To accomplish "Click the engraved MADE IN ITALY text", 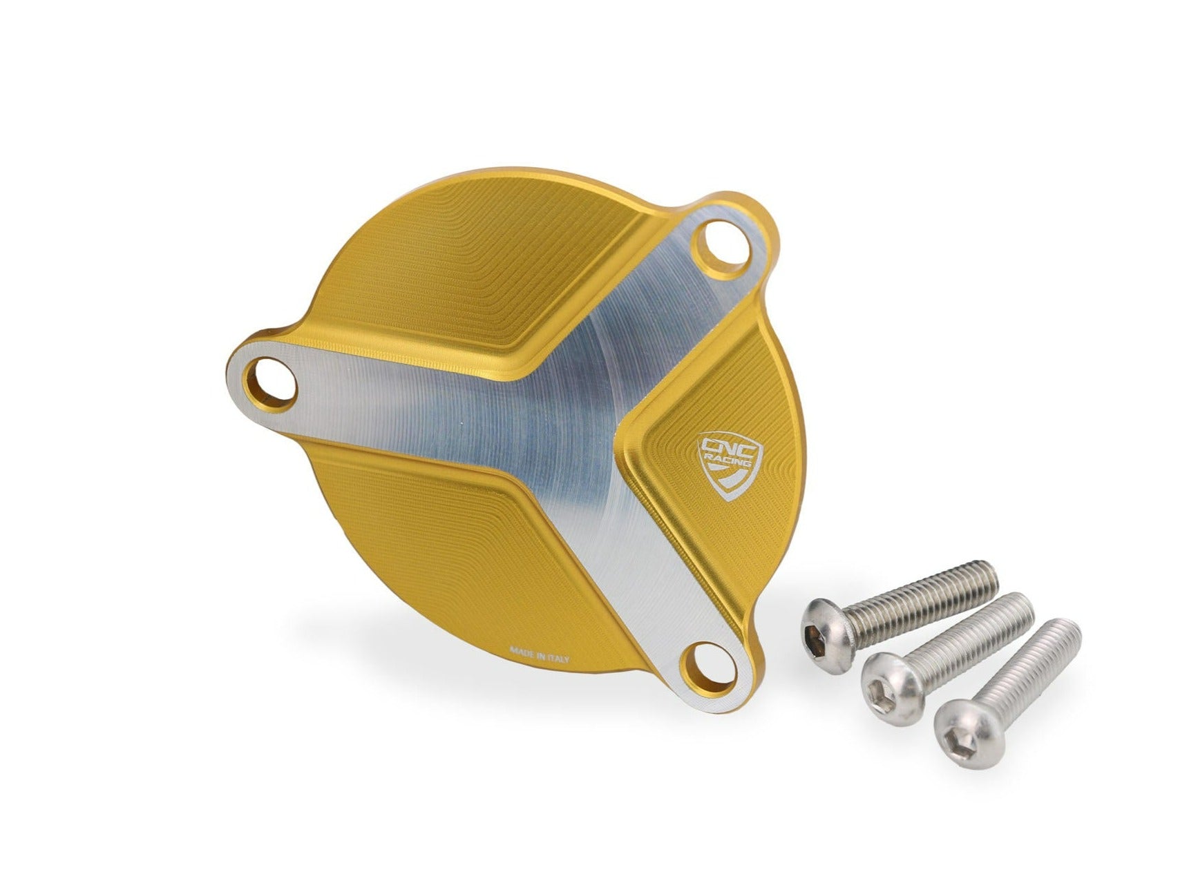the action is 538,653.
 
